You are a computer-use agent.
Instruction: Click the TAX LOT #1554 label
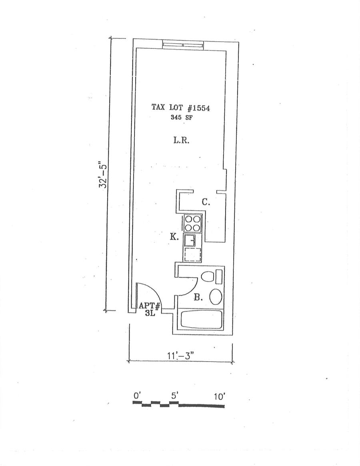(181, 108)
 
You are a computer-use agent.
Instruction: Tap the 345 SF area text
(181, 118)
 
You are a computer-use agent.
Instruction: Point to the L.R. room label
(181, 140)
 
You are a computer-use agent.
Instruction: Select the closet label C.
(206, 202)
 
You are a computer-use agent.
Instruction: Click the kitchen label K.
(174, 237)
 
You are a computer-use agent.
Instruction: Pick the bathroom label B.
(197, 297)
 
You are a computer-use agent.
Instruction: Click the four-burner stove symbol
(192, 224)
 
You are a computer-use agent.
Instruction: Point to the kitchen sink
(189, 241)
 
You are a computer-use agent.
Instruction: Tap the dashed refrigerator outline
(192, 254)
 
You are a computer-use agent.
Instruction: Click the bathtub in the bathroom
(202, 320)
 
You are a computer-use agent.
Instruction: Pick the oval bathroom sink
(216, 297)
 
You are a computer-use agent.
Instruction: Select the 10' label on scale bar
(220, 397)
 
